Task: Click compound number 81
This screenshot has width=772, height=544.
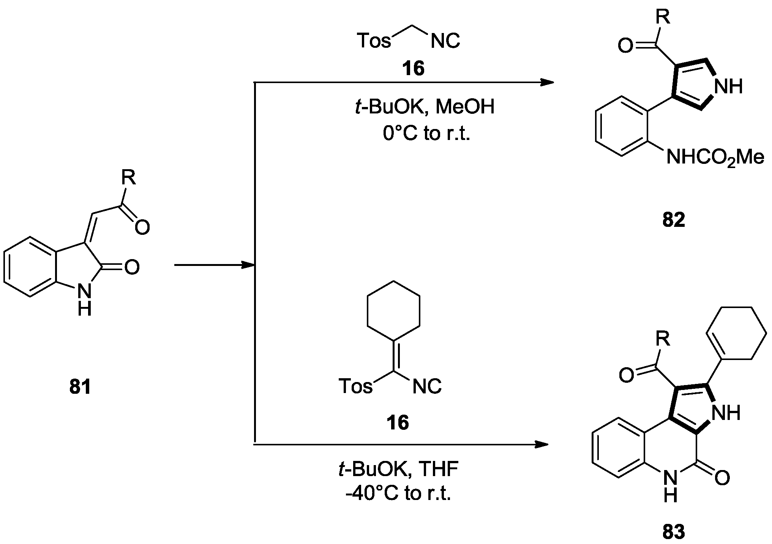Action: click(x=80, y=387)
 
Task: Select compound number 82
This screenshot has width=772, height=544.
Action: click(x=674, y=220)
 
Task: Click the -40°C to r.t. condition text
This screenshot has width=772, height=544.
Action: click(x=398, y=494)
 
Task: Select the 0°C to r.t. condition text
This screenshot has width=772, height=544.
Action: click(x=426, y=134)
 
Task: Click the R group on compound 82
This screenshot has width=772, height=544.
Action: click(x=663, y=17)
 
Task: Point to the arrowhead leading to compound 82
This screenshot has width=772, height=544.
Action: click(x=547, y=82)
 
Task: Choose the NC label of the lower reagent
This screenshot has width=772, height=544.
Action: click(x=427, y=387)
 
